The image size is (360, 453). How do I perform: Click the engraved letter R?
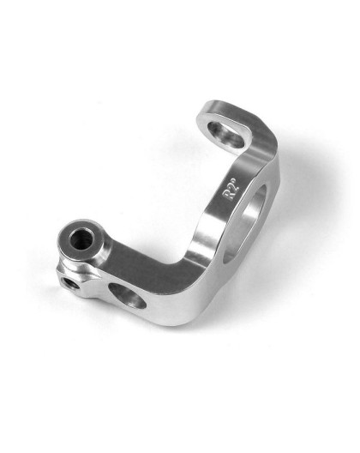coord(227,196)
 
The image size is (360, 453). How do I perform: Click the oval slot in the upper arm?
coord(226,134)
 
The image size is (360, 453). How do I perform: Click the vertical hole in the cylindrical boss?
coord(81,239)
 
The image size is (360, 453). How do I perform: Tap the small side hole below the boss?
coord(71,283)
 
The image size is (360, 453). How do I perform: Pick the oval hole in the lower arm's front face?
coord(128,295)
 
